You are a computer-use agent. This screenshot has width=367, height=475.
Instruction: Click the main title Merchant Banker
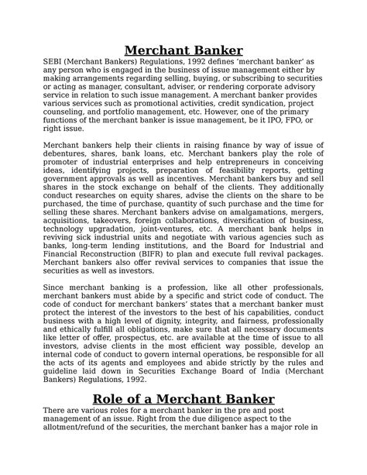(183, 52)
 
